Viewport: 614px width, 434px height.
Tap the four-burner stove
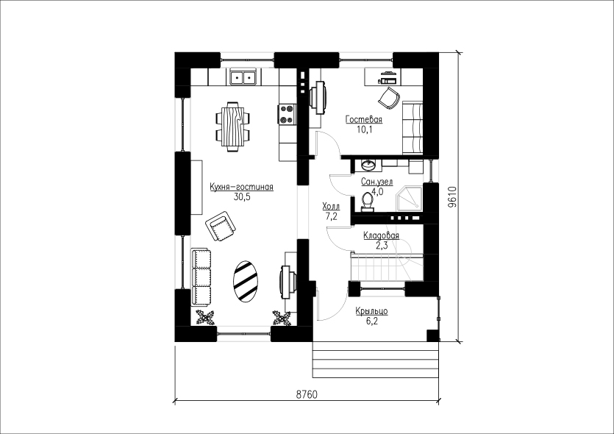(x=286, y=114)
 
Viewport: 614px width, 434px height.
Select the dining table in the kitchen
(x=232, y=127)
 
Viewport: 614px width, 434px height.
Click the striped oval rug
(x=246, y=281)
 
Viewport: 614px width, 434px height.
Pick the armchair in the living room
(x=221, y=226)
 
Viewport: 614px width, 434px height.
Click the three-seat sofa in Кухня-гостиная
(x=201, y=277)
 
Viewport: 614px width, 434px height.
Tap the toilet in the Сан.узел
(x=367, y=202)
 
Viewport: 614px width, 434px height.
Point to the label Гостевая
(x=364, y=119)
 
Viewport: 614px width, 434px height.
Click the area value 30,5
(x=242, y=197)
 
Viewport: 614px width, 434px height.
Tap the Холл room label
(x=331, y=206)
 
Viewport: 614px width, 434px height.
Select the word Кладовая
(x=381, y=235)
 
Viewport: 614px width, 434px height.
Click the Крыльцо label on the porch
(x=371, y=311)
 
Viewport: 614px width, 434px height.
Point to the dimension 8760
(x=307, y=394)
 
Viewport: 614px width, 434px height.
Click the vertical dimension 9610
(x=452, y=196)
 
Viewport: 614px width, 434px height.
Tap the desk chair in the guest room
(x=389, y=98)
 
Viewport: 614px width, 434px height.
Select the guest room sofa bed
(x=413, y=128)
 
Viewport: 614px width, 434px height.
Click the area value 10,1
(x=364, y=129)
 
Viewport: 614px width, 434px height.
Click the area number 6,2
(x=371, y=321)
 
